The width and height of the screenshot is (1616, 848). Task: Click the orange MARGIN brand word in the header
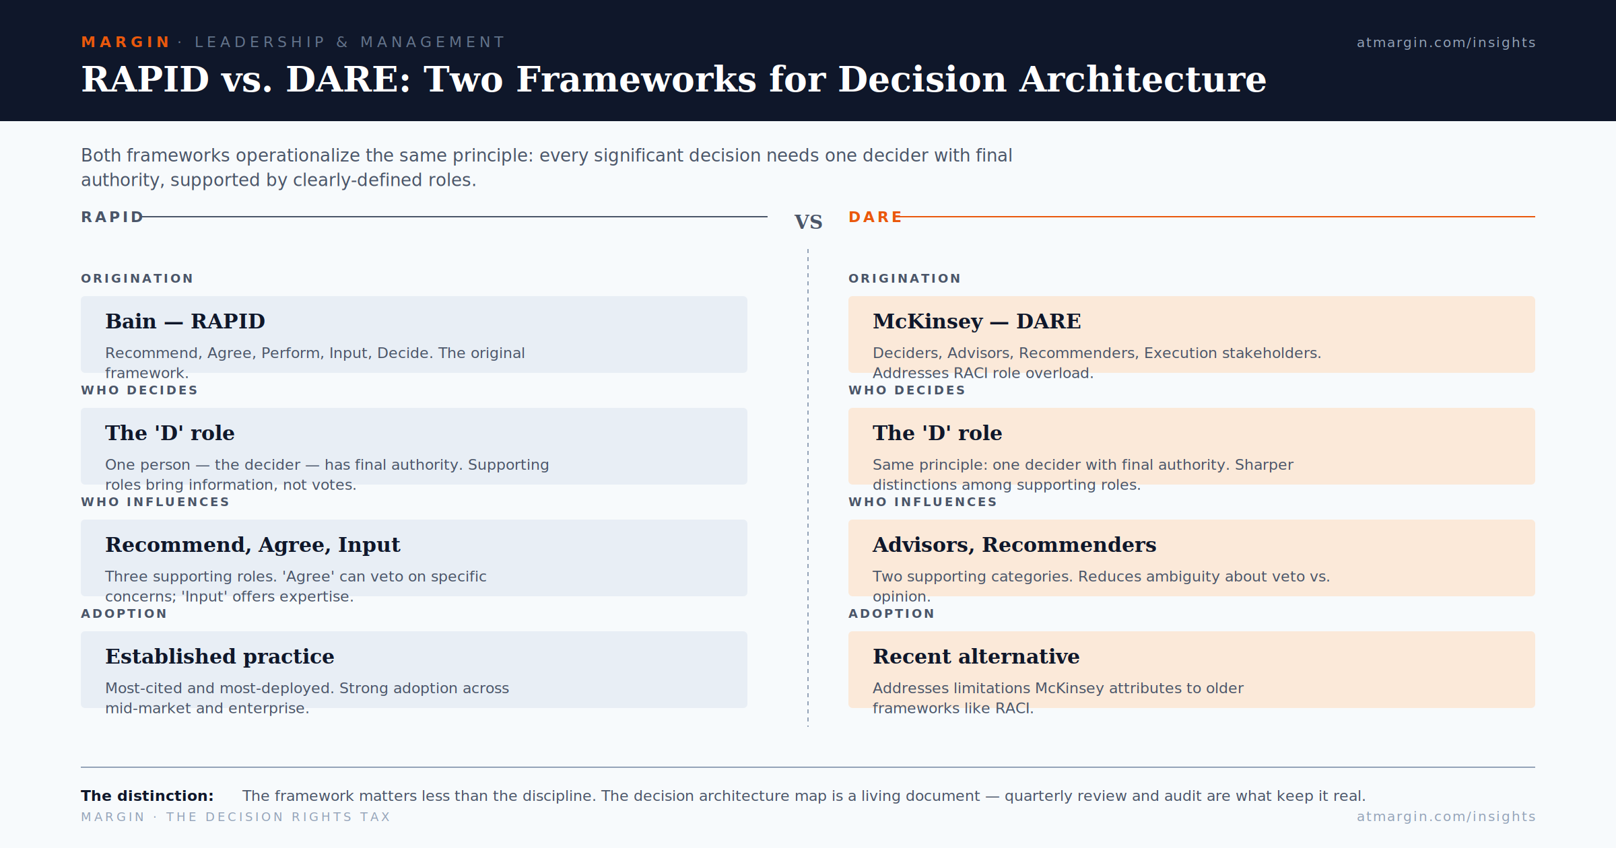[x=125, y=42]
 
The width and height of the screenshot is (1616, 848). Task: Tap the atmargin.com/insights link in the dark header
[x=1446, y=42]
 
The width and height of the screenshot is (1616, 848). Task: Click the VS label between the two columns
[x=808, y=221]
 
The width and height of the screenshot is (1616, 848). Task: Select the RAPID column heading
[x=112, y=217]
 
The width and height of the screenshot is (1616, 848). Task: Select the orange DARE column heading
[x=875, y=217]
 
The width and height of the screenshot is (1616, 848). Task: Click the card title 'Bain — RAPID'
[x=185, y=321]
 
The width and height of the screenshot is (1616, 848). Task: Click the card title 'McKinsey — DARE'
[x=976, y=321]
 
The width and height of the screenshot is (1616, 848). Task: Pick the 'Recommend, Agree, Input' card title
[x=252, y=544]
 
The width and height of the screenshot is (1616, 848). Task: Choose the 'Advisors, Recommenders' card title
[x=1014, y=544]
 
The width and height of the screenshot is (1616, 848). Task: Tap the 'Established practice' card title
[x=220, y=656]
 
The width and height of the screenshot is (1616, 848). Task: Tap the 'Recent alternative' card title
[x=976, y=656]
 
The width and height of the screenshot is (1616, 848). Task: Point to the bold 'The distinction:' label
[x=147, y=796]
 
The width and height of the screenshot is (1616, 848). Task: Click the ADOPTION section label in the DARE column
[x=891, y=614]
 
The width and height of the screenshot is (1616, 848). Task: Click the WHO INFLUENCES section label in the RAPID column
[x=155, y=502]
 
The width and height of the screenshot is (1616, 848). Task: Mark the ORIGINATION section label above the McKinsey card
[x=904, y=279]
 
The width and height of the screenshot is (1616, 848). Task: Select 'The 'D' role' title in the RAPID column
[x=170, y=433]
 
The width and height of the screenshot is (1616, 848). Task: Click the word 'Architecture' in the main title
[x=1143, y=79]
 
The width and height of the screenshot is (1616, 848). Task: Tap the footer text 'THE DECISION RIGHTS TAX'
[x=278, y=817]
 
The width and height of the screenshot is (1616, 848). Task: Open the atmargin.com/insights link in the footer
[x=1446, y=816]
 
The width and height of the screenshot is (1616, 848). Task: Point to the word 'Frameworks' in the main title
[x=636, y=79]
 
